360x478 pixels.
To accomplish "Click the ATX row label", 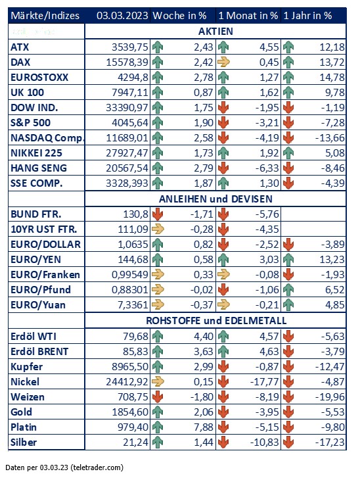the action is [x=20, y=47].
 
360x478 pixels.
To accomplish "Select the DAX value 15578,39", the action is [x=127, y=62].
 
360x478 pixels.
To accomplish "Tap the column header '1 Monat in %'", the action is [x=248, y=16].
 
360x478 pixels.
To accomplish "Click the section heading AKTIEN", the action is [x=215, y=32].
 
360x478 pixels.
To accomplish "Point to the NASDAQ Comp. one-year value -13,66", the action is [x=330, y=138].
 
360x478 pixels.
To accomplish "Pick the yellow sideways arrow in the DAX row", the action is [x=223, y=62].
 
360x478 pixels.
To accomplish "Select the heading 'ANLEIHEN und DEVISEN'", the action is [x=215, y=199].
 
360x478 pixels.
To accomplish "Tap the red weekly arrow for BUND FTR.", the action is [x=158, y=214].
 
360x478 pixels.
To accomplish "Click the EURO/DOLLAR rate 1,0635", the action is [x=133, y=244].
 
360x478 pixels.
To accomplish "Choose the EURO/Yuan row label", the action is [x=38, y=305].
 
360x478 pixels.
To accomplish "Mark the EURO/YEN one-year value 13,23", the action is [x=332, y=260].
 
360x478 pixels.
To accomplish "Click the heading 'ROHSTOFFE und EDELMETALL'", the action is [x=216, y=321].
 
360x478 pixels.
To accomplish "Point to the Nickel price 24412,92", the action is [x=127, y=381].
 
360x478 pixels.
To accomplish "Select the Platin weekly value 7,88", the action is [x=204, y=427].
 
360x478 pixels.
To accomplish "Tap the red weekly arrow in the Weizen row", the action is [x=158, y=396].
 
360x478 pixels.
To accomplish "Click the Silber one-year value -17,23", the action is [x=330, y=442].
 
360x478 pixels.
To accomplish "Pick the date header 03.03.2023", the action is [x=122, y=16].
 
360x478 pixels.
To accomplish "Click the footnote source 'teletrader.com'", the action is [x=97, y=467].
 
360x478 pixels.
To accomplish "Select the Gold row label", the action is [x=21, y=412].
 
